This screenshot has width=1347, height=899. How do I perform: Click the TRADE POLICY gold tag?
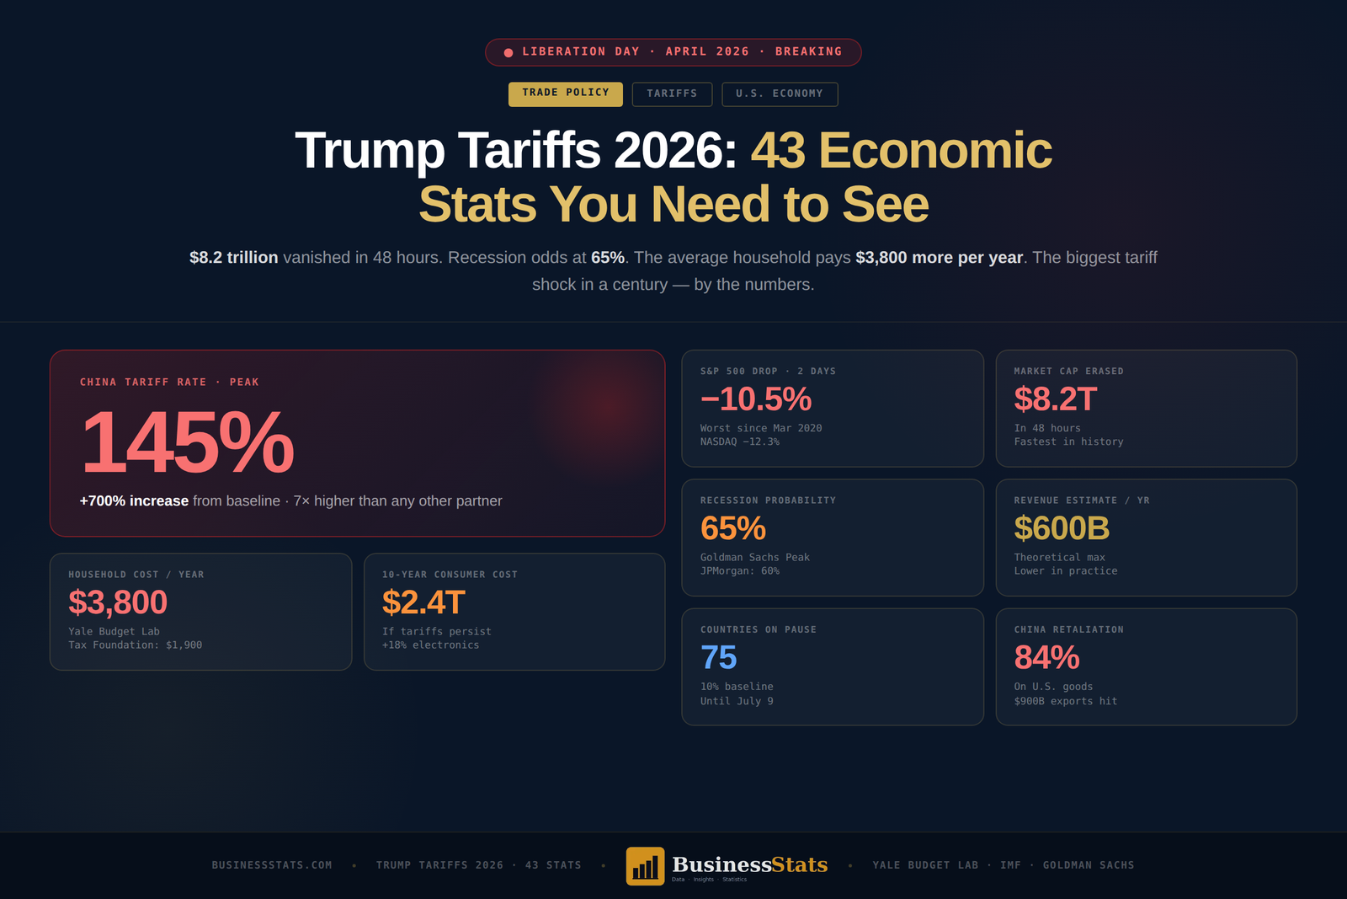pyautogui.click(x=565, y=94)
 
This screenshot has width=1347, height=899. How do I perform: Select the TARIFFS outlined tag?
pyautogui.click(x=672, y=94)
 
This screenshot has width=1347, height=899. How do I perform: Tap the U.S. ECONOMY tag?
pyautogui.click(x=779, y=94)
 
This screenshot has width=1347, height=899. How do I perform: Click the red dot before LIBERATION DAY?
pyautogui.click(x=508, y=52)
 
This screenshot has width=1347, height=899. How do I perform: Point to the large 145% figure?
pyautogui.click(x=187, y=442)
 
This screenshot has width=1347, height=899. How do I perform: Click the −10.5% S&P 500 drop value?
pyautogui.click(x=756, y=399)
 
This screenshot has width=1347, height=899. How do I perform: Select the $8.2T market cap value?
pyautogui.click(x=1055, y=399)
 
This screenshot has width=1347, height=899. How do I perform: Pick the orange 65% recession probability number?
pyautogui.click(x=732, y=528)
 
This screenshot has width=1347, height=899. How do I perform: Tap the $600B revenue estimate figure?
pyautogui.click(x=1061, y=528)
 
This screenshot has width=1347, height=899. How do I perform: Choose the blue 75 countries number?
pyautogui.click(x=718, y=658)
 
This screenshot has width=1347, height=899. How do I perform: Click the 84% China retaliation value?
pyautogui.click(x=1046, y=658)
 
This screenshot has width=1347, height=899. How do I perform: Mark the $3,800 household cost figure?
pyautogui.click(x=118, y=602)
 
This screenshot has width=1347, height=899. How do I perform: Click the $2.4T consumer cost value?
pyautogui.click(x=423, y=602)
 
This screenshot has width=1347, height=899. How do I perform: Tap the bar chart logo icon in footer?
pyautogui.click(x=645, y=866)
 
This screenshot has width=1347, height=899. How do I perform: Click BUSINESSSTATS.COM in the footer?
pyautogui.click(x=272, y=865)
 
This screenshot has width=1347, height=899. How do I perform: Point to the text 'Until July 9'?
pyautogui.click(x=737, y=701)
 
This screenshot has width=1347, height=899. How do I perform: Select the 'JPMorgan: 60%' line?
pyautogui.click(x=740, y=571)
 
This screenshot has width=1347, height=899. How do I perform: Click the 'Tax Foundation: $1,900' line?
pyautogui.click(x=135, y=645)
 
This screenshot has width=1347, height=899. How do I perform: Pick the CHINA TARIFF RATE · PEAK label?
pyautogui.click(x=169, y=383)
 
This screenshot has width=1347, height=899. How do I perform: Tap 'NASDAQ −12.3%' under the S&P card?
pyautogui.click(x=740, y=441)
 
